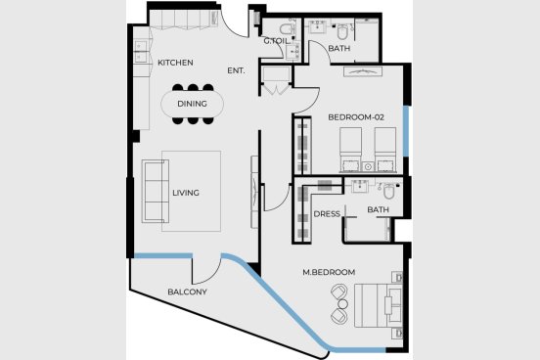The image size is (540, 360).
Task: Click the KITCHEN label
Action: click(x=175, y=63)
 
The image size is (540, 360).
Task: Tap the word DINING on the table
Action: click(x=192, y=104)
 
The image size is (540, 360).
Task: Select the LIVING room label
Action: click(x=186, y=193)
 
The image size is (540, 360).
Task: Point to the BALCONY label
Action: click(x=188, y=292)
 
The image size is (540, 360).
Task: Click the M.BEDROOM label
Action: click(x=329, y=272)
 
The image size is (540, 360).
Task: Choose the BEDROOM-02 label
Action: click(x=356, y=117)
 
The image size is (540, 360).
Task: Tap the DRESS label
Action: click(x=327, y=214)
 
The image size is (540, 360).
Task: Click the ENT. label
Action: click(x=236, y=70)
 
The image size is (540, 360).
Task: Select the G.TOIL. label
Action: click(x=277, y=41)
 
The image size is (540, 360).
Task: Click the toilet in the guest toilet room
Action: click(x=287, y=28)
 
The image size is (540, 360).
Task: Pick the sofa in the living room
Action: click(x=156, y=191)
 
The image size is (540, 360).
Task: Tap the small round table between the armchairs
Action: click(x=343, y=304)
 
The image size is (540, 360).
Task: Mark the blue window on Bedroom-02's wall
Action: click(x=406, y=131)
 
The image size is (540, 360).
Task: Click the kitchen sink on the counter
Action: click(x=141, y=51)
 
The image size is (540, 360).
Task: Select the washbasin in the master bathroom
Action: click(x=360, y=187)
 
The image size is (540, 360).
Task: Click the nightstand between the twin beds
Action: click(x=368, y=166)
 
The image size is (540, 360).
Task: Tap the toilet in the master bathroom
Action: click(x=389, y=191)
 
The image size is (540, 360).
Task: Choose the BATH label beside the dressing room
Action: click(x=379, y=209)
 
